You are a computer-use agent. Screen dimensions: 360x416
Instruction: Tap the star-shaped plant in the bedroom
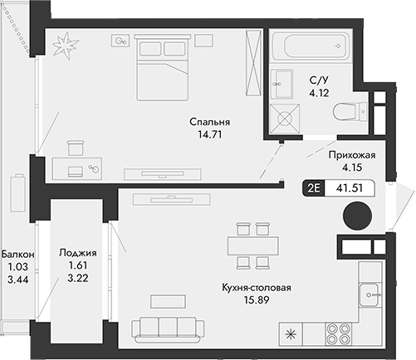click(64, 46)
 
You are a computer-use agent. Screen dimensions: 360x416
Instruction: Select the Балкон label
click(17, 254)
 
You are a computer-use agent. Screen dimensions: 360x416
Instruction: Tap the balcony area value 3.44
click(17, 281)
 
